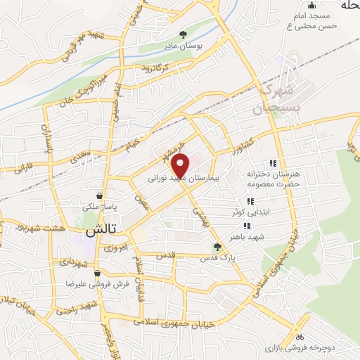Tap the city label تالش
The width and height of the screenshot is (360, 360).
pyautogui.click(x=100, y=230)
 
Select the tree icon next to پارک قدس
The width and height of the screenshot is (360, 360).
pyautogui.click(x=217, y=247)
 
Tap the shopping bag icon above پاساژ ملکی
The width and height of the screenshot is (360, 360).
pyautogui.click(x=101, y=196)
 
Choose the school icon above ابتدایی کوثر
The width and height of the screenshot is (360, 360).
pyautogui.click(x=250, y=201)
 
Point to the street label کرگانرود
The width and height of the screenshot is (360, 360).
pyautogui.click(x=155, y=68)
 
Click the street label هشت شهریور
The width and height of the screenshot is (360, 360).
pyautogui.click(x=23, y=229)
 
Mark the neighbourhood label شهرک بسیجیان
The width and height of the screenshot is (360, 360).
pyautogui.click(x=271, y=99)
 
